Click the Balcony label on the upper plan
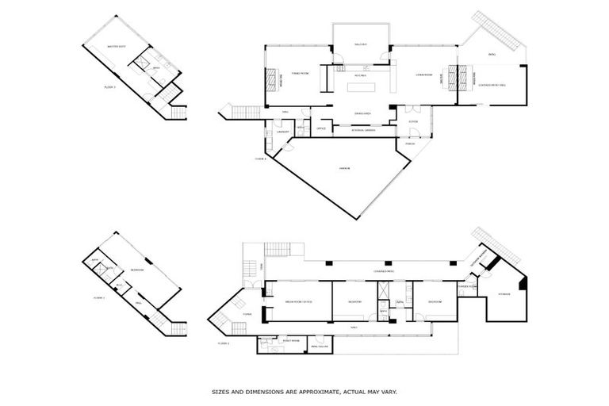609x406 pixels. click(x=361, y=44)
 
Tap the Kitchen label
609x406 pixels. click(x=359, y=75)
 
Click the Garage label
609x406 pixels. click(x=344, y=169)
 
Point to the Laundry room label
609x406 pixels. click(x=281, y=132)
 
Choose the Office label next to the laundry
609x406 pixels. click(x=321, y=128)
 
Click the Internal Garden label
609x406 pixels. click(x=363, y=131)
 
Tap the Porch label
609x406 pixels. click(x=410, y=144)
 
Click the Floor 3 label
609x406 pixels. click(x=109, y=86)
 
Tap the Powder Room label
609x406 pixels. click(x=466, y=285)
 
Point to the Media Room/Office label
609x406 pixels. click(x=297, y=302)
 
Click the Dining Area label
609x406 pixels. click(x=362, y=114)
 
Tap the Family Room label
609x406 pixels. click(x=299, y=73)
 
